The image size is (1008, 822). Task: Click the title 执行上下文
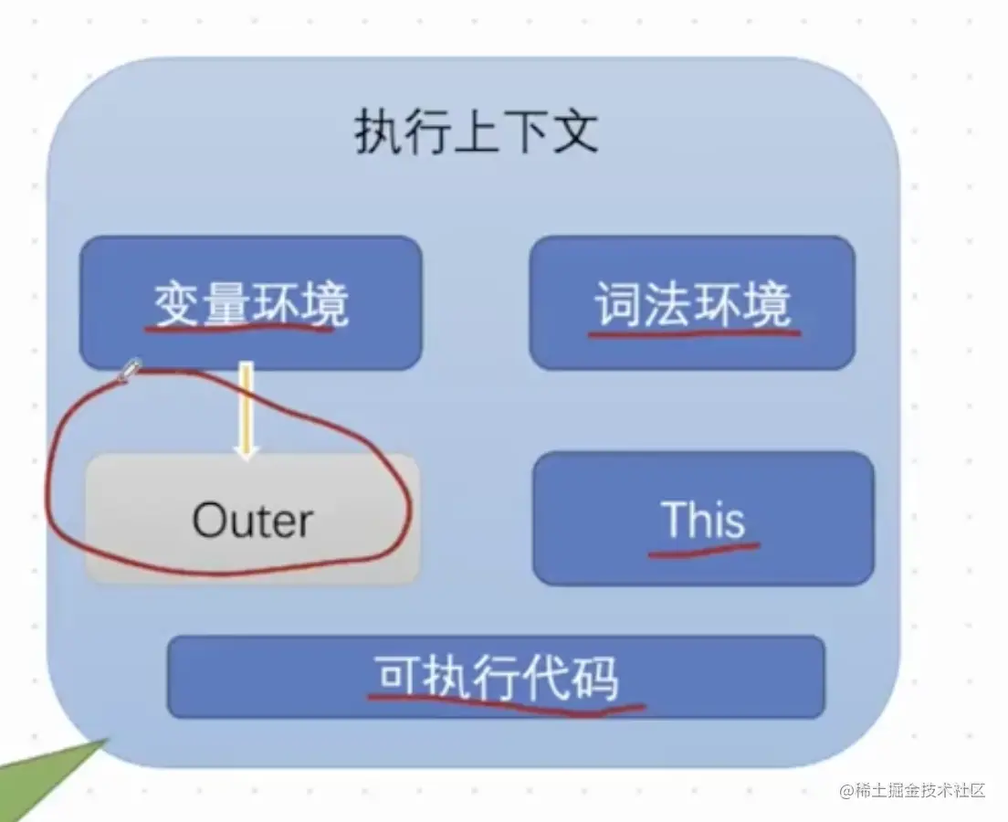477,132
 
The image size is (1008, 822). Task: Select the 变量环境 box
251,303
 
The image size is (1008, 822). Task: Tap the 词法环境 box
692,303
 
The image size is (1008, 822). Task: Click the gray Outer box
253,519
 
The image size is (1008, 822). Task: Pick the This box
703,519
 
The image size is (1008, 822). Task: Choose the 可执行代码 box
496,677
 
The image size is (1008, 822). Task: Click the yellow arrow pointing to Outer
246,410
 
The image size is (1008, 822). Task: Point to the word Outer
253,520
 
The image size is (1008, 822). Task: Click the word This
703,519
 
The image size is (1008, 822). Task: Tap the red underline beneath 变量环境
239,328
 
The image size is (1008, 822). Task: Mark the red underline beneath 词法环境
694,333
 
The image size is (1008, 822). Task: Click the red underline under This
704,550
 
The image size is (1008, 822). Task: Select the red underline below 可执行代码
506,703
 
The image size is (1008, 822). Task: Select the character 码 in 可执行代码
594,677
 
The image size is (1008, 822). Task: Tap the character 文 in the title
574,132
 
